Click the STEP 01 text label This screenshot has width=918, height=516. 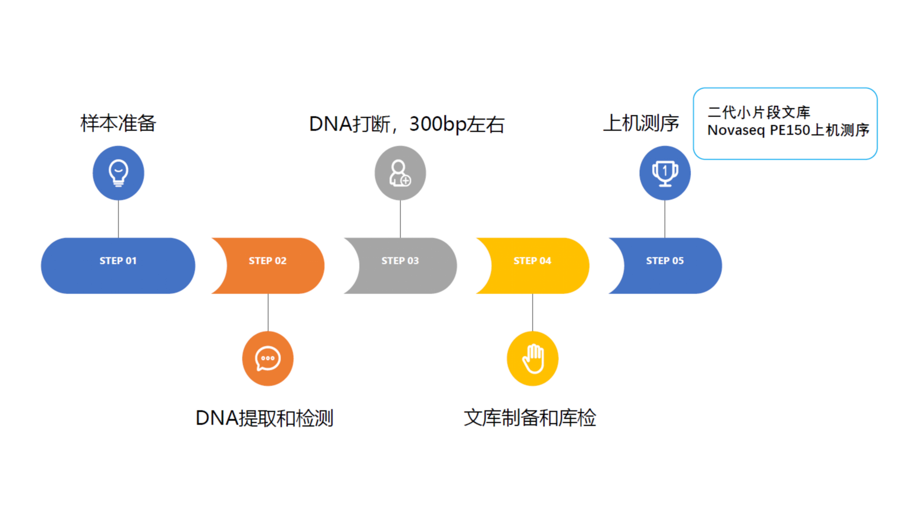pyautogui.click(x=118, y=261)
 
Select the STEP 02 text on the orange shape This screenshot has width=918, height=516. pyautogui.click(x=268, y=261)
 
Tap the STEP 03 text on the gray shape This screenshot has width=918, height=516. pyautogui.click(x=400, y=261)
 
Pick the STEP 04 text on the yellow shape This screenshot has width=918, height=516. pyautogui.click(x=532, y=261)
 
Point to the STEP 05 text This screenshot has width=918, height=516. pyautogui.click(x=665, y=261)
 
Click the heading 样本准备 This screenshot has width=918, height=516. pyautogui.click(x=118, y=123)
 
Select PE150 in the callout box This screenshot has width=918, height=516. pyautogui.click(x=790, y=130)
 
